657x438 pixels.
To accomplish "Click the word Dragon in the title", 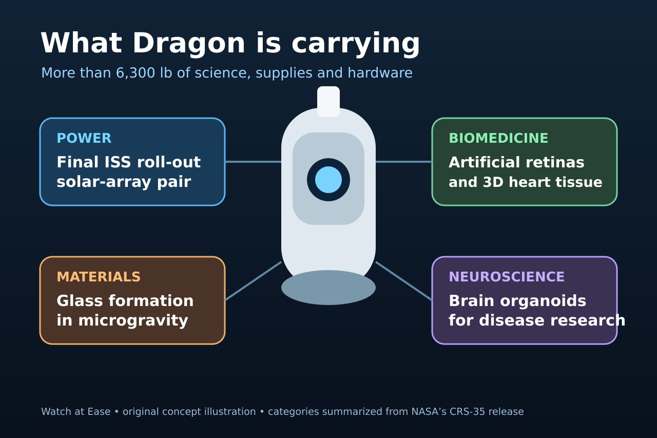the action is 189,44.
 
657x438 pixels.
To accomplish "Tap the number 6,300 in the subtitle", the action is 135,73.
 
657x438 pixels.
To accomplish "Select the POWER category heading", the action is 84,138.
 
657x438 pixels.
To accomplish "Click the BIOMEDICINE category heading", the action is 498,138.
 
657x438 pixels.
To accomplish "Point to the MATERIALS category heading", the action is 99,277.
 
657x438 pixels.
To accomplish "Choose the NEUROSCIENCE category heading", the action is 507,277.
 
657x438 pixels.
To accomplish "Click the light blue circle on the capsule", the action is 328,180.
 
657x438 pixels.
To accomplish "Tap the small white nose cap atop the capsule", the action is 328,102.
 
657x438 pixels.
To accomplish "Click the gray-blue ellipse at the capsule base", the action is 328,288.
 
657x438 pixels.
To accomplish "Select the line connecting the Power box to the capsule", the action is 253,162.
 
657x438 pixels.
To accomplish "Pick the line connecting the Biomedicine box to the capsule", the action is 403,162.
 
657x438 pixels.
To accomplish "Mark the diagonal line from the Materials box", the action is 253,281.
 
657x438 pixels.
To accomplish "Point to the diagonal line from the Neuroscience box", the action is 403,281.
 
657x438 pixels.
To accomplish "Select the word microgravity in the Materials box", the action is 133,320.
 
